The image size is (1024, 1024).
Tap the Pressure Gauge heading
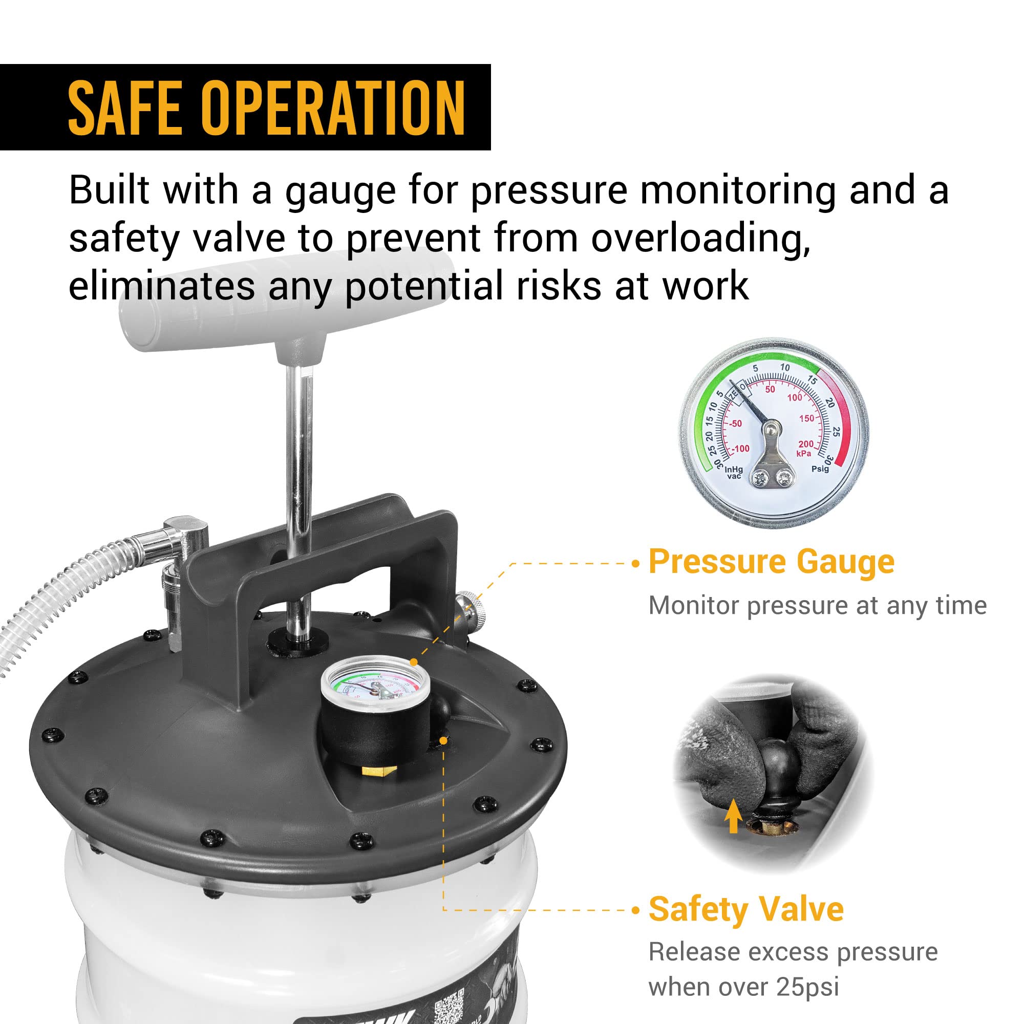771,561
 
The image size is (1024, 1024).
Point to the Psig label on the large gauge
819,468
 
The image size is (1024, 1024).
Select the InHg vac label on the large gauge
734,472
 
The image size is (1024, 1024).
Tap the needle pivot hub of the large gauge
771,426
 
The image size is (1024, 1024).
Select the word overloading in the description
701,238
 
